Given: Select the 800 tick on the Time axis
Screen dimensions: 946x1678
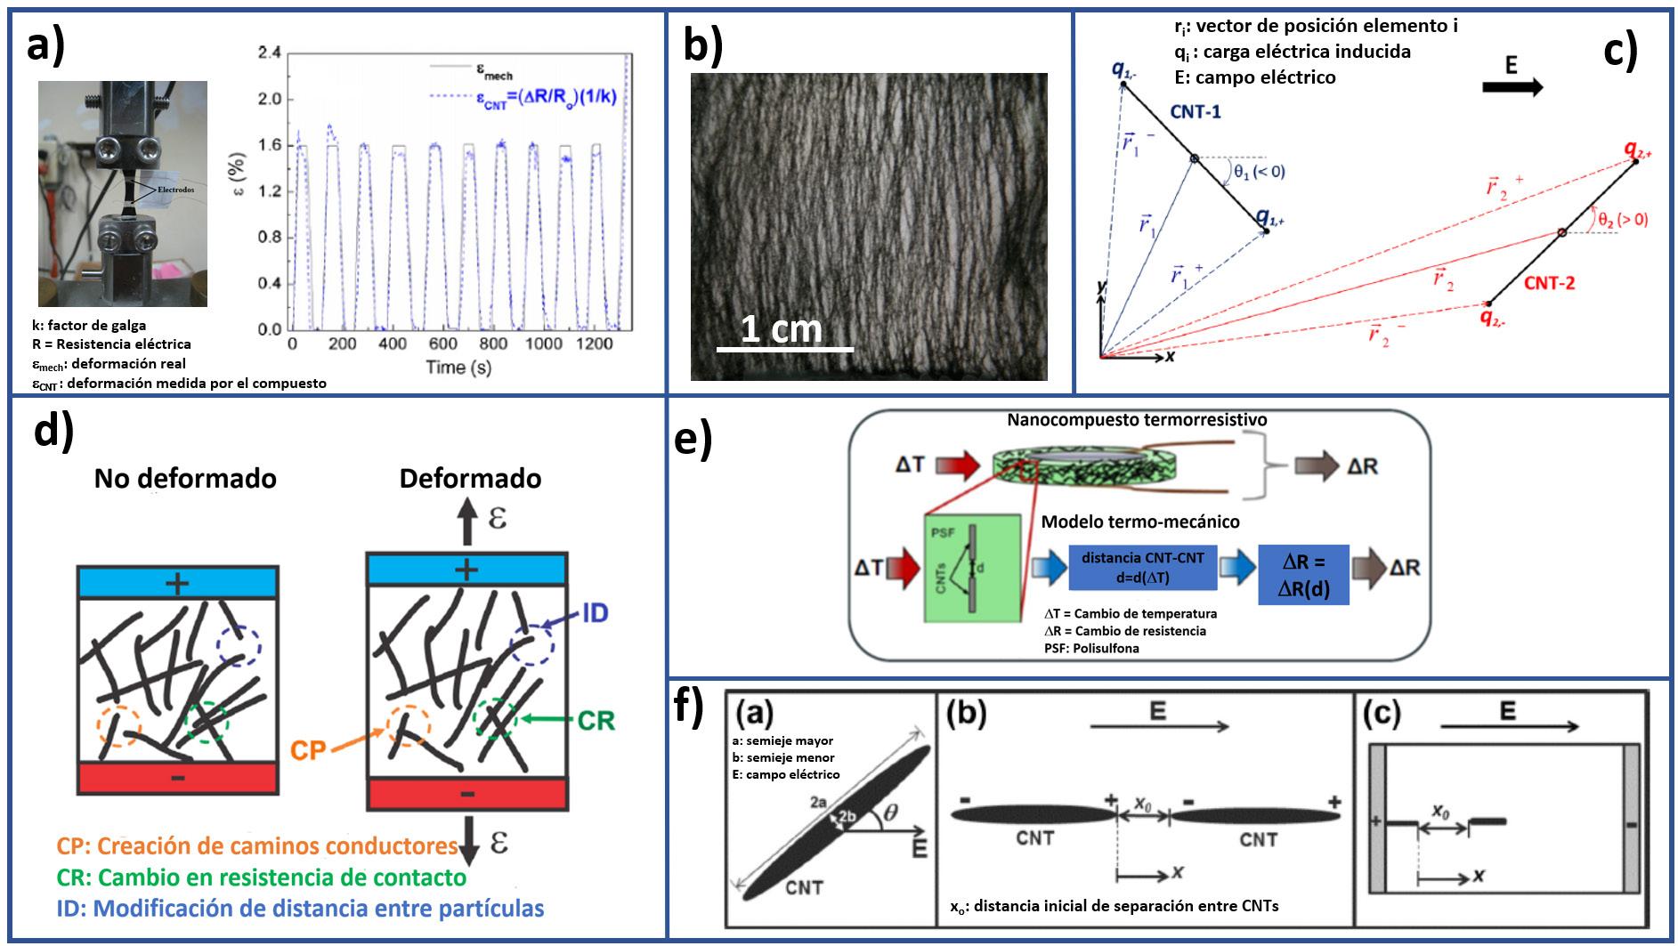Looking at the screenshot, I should pyautogui.click(x=494, y=344).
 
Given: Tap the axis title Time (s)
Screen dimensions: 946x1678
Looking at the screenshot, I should pyautogui.click(x=458, y=367).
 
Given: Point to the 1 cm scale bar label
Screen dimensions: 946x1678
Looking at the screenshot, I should pyautogui.click(x=781, y=329).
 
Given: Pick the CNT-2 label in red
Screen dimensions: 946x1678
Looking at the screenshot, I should pyautogui.click(x=1549, y=283).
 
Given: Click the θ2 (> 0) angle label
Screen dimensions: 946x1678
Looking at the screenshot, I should pyautogui.click(x=1622, y=219).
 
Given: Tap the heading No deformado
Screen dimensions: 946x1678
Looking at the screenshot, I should pyautogui.click(x=185, y=479).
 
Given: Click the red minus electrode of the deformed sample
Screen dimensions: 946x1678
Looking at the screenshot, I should pyautogui.click(x=467, y=794).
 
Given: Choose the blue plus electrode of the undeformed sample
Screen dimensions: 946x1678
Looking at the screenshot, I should pyautogui.click(x=178, y=583).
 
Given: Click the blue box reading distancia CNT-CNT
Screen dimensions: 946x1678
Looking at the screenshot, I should pyautogui.click(x=1142, y=567).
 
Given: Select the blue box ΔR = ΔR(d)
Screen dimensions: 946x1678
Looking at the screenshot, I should pyautogui.click(x=1303, y=575).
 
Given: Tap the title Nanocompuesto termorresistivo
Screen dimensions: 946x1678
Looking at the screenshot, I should pyautogui.click(x=1137, y=419).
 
